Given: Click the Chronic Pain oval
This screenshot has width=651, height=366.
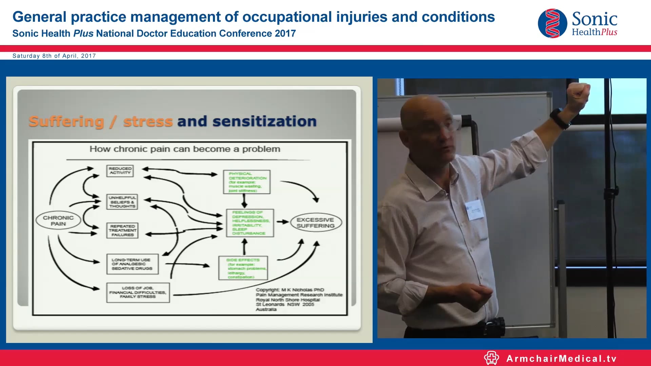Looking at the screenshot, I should [58, 221].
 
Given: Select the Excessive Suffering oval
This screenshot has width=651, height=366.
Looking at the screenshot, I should [316, 223].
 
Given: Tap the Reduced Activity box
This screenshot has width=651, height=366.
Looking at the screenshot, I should [120, 171].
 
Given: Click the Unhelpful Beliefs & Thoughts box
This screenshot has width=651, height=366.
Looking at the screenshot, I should [122, 202].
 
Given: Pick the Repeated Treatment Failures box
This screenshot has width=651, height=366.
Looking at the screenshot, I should [122, 230].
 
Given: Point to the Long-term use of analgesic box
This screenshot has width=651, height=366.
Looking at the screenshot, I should [132, 264].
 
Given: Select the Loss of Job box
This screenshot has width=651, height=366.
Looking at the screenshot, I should [138, 292].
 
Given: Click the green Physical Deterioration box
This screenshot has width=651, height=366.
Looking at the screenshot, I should [246, 182].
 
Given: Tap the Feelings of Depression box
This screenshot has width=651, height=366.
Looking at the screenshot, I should [250, 223].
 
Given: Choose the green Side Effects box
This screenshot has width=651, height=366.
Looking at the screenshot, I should [243, 268].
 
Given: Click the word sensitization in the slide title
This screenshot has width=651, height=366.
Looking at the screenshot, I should [264, 121].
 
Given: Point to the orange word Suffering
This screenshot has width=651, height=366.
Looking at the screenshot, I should [66, 121].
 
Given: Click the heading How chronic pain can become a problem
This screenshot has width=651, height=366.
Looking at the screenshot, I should [185, 149].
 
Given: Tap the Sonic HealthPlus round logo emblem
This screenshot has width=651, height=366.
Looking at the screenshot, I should [552, 23].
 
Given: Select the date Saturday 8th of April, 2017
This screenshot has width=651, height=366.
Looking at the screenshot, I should [54, 56].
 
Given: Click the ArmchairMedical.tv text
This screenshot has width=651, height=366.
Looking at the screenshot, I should [561, 359].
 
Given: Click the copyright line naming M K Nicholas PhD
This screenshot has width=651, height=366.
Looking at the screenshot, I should [290, 290].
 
